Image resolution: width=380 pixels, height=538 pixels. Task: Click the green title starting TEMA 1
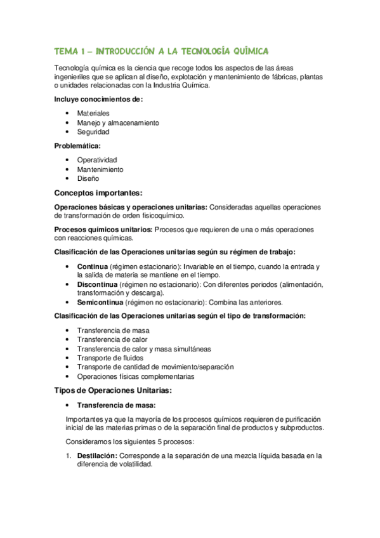(162, 50)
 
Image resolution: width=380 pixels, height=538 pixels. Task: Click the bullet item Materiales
(93, 113)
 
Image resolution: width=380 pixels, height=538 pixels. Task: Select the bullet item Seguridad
(93, 132)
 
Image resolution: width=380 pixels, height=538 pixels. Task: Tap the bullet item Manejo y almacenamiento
(118, 122)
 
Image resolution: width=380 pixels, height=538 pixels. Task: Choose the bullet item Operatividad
(97, 160)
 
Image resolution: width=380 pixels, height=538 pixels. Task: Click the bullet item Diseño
(88, 179)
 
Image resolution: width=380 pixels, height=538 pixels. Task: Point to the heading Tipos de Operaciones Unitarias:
(113, 390)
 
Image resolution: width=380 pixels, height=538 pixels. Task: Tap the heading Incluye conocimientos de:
(98, 99)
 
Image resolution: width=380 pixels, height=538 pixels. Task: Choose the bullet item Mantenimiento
(100, 169)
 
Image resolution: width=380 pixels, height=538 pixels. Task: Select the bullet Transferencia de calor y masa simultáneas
(144, 349)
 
